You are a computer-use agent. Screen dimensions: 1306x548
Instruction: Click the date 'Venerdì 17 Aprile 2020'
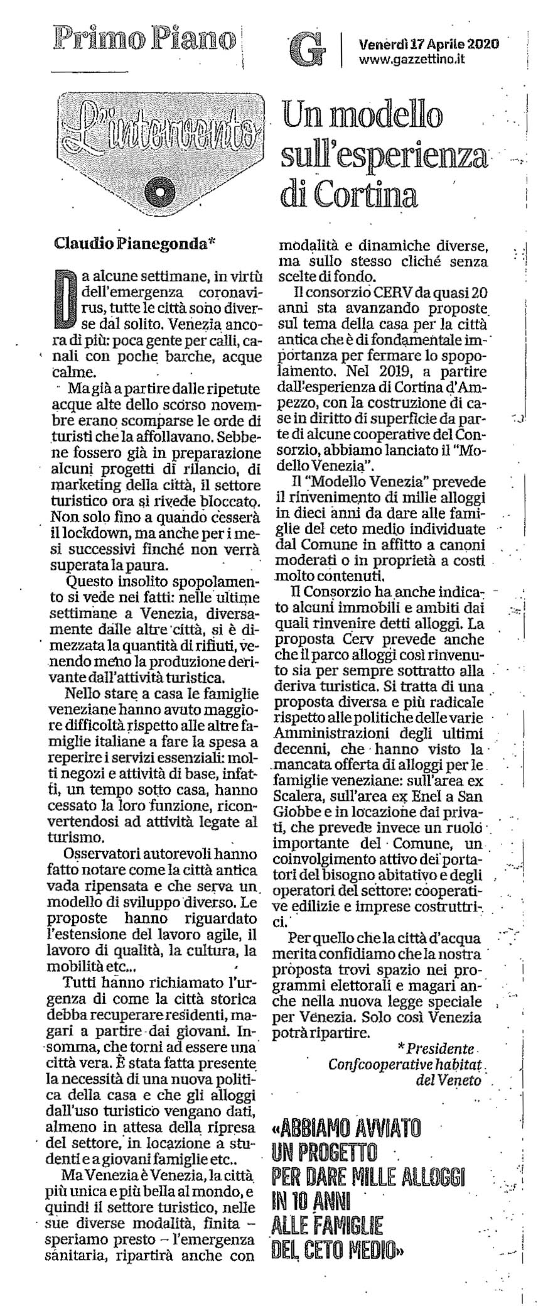click(x=429, y=44)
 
